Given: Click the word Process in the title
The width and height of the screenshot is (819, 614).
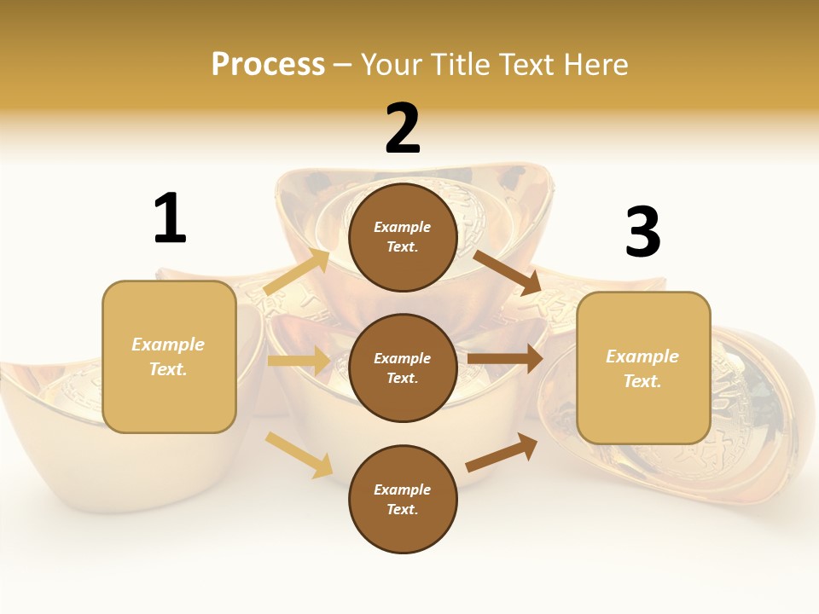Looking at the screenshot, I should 268,65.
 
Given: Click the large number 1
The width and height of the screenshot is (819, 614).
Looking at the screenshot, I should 170,218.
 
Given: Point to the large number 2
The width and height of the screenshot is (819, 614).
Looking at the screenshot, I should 403,128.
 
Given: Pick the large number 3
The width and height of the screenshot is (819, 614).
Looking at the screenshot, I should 642,232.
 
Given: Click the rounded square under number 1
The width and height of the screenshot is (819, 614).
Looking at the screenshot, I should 169,356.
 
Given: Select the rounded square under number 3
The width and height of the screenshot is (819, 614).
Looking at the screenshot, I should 643,368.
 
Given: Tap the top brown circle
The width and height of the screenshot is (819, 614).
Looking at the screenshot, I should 403,237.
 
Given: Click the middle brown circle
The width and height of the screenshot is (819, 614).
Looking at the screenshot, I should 403,368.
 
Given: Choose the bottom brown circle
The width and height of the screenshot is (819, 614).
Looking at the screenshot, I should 403,499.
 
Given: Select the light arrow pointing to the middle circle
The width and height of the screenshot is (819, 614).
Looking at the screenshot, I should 299,361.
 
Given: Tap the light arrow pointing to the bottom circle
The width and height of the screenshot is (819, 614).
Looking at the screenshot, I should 299,454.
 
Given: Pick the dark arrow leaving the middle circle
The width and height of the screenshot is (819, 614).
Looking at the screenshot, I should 505,359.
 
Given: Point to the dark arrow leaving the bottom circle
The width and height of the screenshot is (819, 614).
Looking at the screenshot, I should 502,453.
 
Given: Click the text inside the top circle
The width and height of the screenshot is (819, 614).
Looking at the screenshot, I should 403,237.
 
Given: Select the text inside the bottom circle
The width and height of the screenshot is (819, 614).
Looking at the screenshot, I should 403,499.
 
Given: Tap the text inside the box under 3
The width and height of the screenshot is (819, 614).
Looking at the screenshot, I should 642,368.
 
